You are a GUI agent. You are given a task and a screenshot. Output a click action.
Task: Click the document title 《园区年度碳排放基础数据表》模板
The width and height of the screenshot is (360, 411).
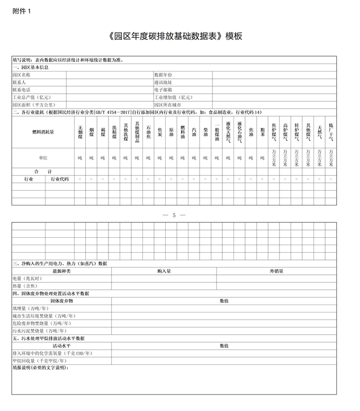175,37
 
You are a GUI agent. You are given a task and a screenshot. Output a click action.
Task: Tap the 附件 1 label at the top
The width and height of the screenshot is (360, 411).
22,12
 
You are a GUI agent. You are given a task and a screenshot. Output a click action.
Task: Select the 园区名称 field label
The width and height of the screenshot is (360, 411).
22,75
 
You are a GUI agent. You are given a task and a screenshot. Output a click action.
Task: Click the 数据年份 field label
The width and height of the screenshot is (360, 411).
163,75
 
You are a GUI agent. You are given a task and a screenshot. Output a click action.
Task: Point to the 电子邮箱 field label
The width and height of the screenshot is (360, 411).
163,90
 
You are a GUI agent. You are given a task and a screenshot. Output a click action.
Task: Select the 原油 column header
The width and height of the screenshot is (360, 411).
171,132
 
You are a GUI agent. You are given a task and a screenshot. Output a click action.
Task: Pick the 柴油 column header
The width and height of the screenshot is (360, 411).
205,132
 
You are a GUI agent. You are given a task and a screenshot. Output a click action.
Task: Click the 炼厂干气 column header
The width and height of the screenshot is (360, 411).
331,132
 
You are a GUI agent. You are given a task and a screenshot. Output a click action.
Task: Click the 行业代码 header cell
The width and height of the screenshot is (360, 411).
59,179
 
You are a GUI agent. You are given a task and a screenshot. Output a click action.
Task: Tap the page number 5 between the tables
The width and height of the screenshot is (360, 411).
174,215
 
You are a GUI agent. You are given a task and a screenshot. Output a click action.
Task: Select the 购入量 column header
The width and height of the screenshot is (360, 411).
164,271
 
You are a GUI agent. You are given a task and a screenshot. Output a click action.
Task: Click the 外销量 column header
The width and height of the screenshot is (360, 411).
276,271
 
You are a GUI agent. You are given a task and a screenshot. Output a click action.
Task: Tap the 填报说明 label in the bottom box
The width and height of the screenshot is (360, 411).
40,367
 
